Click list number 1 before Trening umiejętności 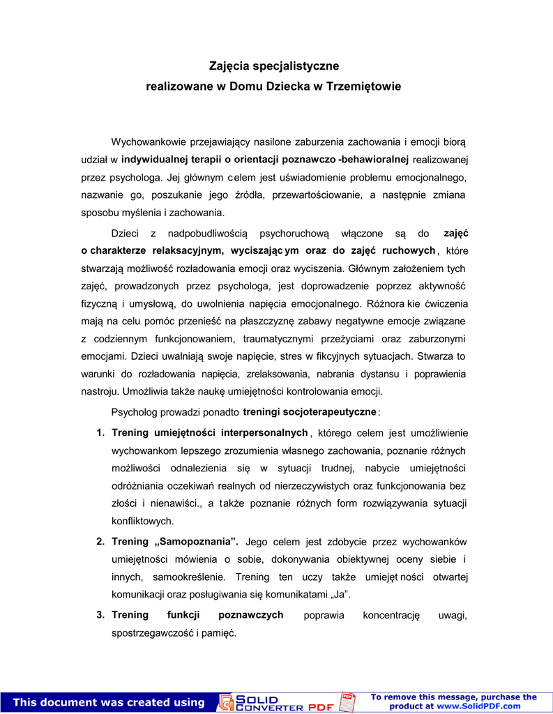(x=100, y=433)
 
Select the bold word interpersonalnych (x=264, y=432)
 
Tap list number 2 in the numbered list (x=100, y=542)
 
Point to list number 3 (x=100, y=615)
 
